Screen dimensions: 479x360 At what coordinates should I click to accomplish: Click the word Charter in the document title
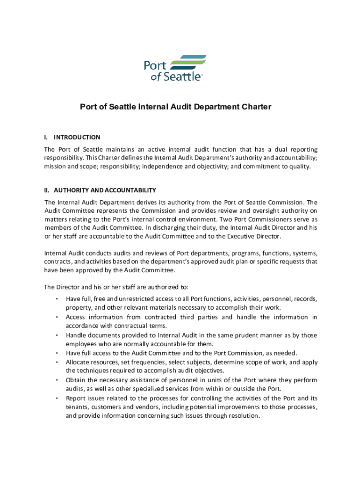255,107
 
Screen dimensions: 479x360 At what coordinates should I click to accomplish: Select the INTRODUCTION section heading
77,138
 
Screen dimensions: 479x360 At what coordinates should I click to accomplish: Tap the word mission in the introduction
55,167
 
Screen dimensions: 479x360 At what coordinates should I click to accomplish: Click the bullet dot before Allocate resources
56,363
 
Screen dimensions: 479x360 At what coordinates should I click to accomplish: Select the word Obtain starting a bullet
76,380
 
